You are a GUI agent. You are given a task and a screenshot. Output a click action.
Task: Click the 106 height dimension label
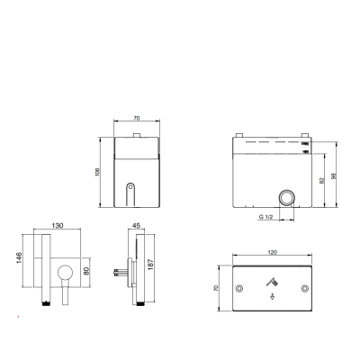pyautogui.click(x=97, y=172)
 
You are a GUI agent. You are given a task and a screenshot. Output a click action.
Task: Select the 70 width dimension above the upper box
pyautogui.click(x=137, y=118)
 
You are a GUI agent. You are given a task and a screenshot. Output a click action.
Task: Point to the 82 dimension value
pyautogui.click(x=322, y=181)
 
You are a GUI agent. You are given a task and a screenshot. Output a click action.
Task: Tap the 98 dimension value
pyautogui.click(x=334, y=175)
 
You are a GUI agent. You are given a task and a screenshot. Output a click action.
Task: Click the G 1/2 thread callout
pyautogui.click(x=265, y=217)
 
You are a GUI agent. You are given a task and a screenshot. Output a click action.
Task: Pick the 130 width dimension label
pyautogui.click(x=58, y=225)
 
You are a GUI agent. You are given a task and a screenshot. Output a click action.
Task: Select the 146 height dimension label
pyautogui.click(x=19, y=258)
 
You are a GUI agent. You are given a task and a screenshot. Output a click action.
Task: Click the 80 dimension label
pyautogui.click(x=86, y=271)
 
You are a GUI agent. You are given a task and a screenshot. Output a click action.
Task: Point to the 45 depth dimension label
pyautogui.click(x=136, y=226)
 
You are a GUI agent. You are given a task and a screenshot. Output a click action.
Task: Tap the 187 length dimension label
pyautogui.click(x=150, y=265)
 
